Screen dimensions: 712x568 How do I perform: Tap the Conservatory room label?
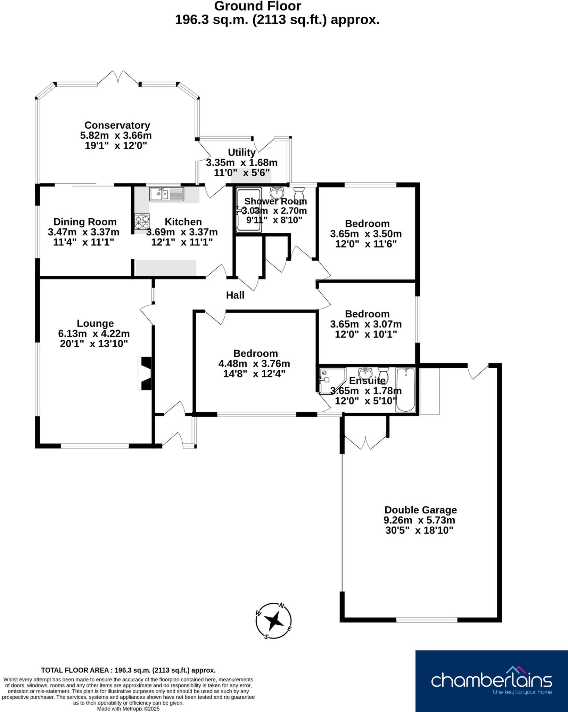point(117,125)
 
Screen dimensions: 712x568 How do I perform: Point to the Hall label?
point(235,295)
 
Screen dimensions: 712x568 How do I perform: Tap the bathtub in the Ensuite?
point(405,389)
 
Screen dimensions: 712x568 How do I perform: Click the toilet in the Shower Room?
point(299,193)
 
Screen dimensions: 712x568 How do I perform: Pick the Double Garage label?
point(420,510)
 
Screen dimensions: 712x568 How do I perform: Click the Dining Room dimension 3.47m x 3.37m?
point(83,232)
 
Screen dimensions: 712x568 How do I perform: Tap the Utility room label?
point(242,152)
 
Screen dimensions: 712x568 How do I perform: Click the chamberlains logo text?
point(491,680)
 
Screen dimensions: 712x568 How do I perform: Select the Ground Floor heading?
point(257,6)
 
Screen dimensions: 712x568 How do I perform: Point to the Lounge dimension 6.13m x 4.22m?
point(94,334)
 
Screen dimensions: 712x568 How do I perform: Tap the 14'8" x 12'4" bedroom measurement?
point(254,374)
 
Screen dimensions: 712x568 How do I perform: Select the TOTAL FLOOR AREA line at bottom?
point(128,670)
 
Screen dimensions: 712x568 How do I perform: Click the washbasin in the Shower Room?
point(277,192)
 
